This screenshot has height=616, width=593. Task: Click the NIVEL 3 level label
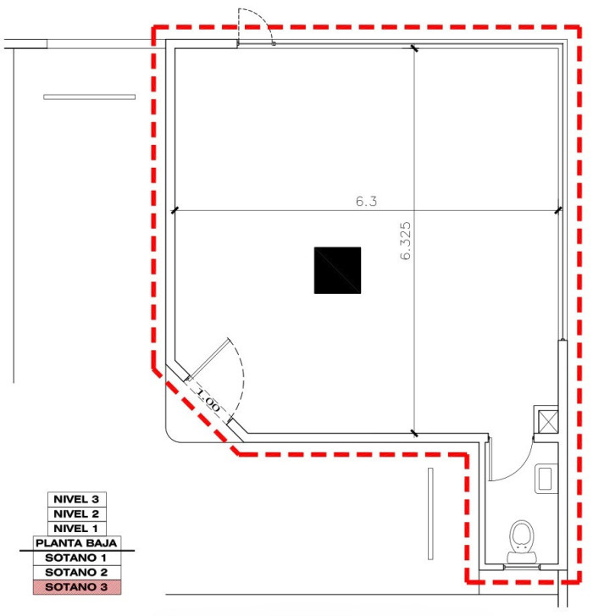click(76, 499)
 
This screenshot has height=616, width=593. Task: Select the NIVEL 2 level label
click(76, 513)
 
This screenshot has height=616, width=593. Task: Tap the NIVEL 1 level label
click(76, 528)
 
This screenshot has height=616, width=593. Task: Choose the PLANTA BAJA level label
click(76, 542)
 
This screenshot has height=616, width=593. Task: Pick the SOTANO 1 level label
click(76, 558)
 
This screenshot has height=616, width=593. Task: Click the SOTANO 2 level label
click(76, 572)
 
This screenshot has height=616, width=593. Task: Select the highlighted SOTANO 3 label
click(76, 586)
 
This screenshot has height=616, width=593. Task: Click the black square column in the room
click(337, 270)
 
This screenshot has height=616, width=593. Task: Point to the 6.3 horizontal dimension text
click(366, 202)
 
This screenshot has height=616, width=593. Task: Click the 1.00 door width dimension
click(208, 399)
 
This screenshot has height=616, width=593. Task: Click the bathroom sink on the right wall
click(546, 479)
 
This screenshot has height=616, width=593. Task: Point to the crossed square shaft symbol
click(546, 420)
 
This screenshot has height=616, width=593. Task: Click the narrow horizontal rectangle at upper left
click(89, 97)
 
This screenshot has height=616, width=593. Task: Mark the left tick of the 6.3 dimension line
click(175, 210)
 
